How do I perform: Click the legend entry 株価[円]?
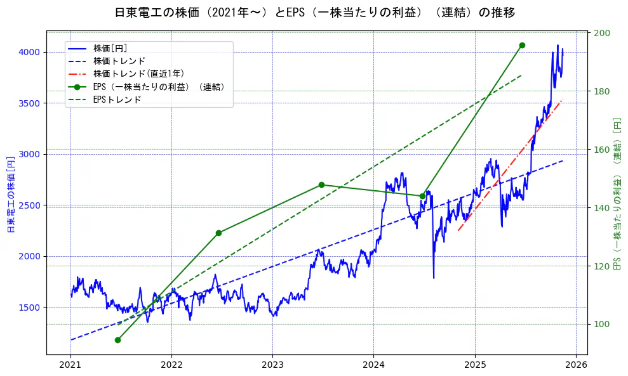coord(114,48)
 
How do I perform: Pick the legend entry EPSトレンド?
coord(117,100)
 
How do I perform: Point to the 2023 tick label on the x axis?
coord(272,365)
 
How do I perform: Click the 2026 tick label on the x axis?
coord(576,365)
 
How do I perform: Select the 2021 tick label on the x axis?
coord(70,365)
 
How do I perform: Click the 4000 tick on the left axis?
coord(31,52)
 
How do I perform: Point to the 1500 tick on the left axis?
coord(31,308)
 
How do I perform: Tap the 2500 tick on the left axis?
coord(31,205)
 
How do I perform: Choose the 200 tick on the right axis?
coord(603,33)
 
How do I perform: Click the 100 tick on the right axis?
coord(603,324)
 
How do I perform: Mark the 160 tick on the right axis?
coord(603,150)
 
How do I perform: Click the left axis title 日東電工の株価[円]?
coord(11,193)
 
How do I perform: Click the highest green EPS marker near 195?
coord(522,45)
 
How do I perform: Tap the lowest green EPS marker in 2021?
coord(117,340)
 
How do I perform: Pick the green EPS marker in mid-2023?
coord(321,185)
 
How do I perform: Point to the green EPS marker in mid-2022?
coord(218,233)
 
